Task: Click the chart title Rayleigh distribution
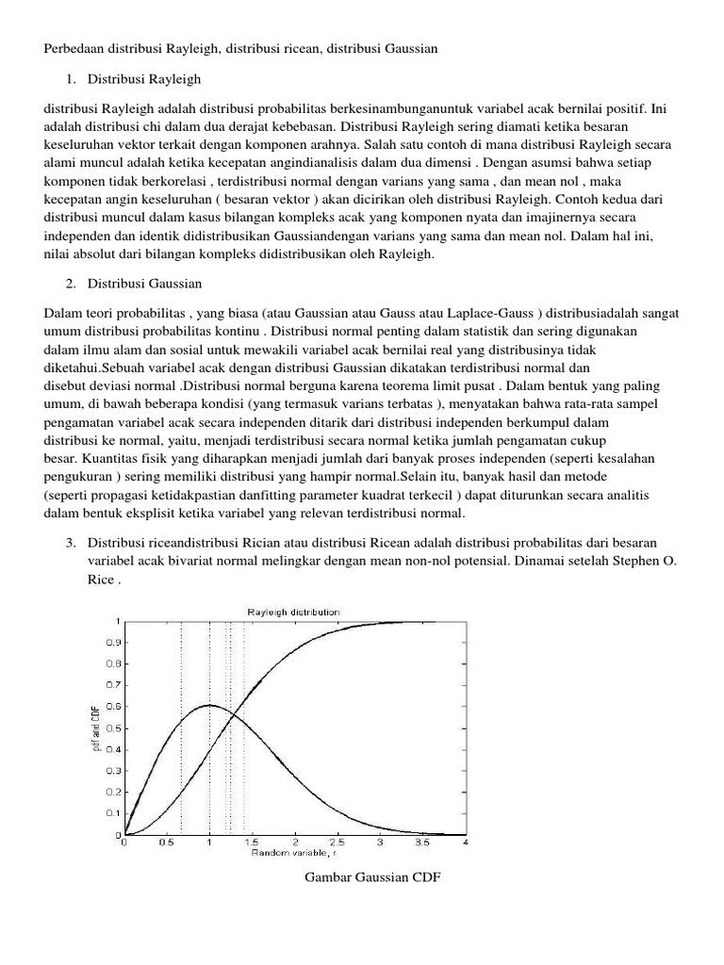click(x=293, y=612)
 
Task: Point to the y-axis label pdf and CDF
click(x=97, y=728)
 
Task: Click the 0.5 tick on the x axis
click(x=166, y=842)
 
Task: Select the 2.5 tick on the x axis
click(x=337, y=842)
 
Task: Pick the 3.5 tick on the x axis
click(x=422, y=842)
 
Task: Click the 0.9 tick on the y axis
click(x=112, y=643)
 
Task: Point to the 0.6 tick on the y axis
click(x=112, y=707)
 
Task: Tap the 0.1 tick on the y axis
click(x=112, y=812)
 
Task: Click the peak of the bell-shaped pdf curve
click(x=209, y=705)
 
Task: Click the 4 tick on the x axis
click(x=466, y=842)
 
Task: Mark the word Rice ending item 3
click(x=101, y=580)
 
